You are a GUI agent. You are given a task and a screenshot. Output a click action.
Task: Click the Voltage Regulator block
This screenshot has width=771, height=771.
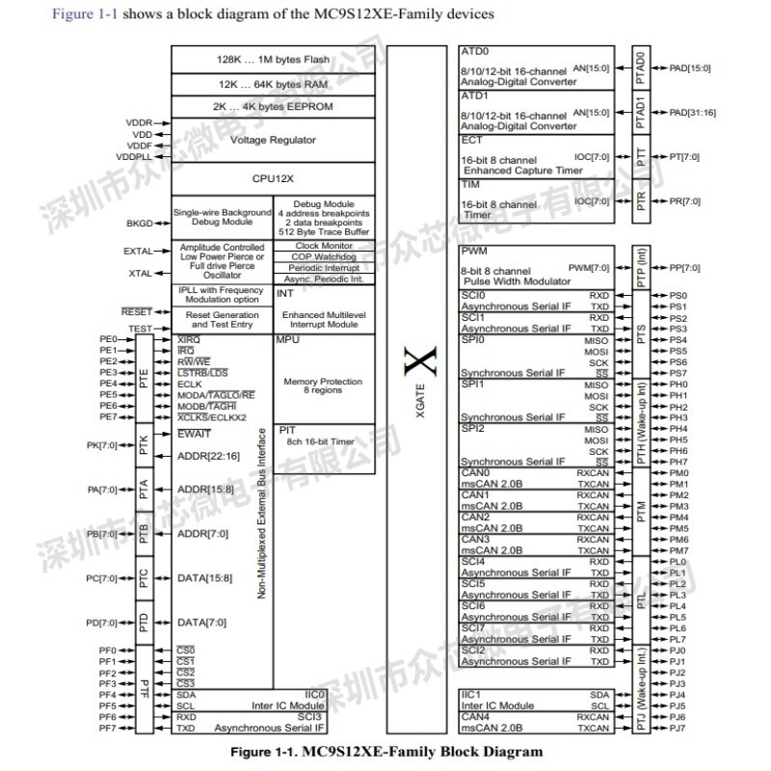(x=273, y=140)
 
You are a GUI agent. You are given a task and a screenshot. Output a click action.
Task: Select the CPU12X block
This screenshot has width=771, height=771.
(x=273, y=178)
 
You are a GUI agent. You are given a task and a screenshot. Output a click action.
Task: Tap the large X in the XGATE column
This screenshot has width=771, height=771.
(x=417, y=364)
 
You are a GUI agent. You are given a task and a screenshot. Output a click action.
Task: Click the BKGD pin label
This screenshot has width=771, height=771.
(x=139, y=223)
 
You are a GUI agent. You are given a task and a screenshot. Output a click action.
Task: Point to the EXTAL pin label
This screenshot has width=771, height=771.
(x=138, y=252)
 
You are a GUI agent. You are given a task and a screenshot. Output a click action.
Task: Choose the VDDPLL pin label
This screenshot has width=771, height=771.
(x=133, y=155)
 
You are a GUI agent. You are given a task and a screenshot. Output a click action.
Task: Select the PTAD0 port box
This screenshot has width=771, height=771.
(x=641, y=69)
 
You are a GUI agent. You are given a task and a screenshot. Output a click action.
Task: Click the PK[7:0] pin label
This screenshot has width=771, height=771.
(x=103, y=445)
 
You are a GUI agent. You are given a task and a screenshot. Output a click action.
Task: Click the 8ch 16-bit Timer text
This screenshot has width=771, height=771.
(x=321, y=440)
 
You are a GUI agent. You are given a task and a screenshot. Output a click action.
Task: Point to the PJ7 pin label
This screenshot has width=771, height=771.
(x=678, y=728)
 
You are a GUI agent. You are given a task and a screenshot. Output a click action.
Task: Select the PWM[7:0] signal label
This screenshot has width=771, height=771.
(x=589, y=267)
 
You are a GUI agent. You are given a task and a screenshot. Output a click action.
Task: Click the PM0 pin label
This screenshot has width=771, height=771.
(x=678, y=473)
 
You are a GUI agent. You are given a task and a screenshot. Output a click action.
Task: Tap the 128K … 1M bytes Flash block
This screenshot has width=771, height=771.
(x=273, y=60)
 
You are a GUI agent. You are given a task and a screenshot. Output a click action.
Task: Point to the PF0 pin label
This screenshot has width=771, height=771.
(x=107, y=651)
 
